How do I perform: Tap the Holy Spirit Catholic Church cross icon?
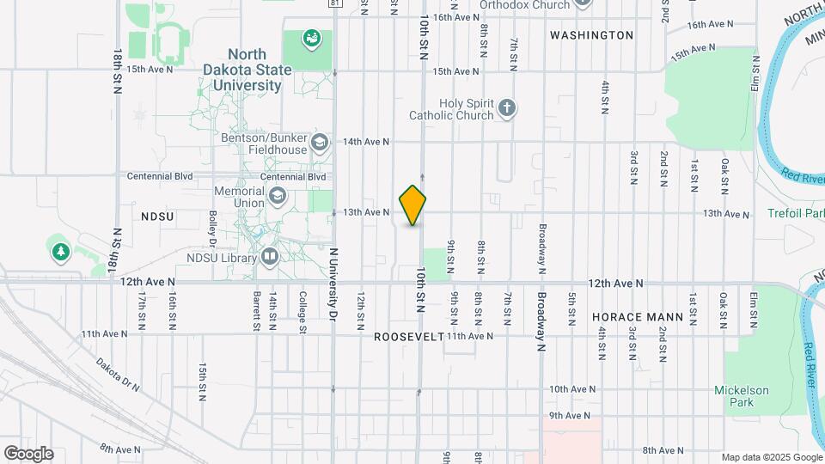pos(507,108)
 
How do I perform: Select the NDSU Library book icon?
pos(270,257)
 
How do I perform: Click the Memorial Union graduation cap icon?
pos(278,197)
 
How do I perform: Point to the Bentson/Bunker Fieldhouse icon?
pos(320,143)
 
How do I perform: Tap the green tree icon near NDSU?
pos(60,252)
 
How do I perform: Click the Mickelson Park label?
pos(742,396)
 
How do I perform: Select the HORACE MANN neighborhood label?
pos(638,317)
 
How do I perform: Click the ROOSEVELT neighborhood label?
pos(408,337)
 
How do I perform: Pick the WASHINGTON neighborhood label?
pos(591,35)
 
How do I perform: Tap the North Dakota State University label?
pos(242,70)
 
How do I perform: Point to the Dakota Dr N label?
pos(118,375)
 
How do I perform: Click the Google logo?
pos(28,453)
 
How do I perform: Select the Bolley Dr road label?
pos(213,226)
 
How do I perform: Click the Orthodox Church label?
pos(524,5)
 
